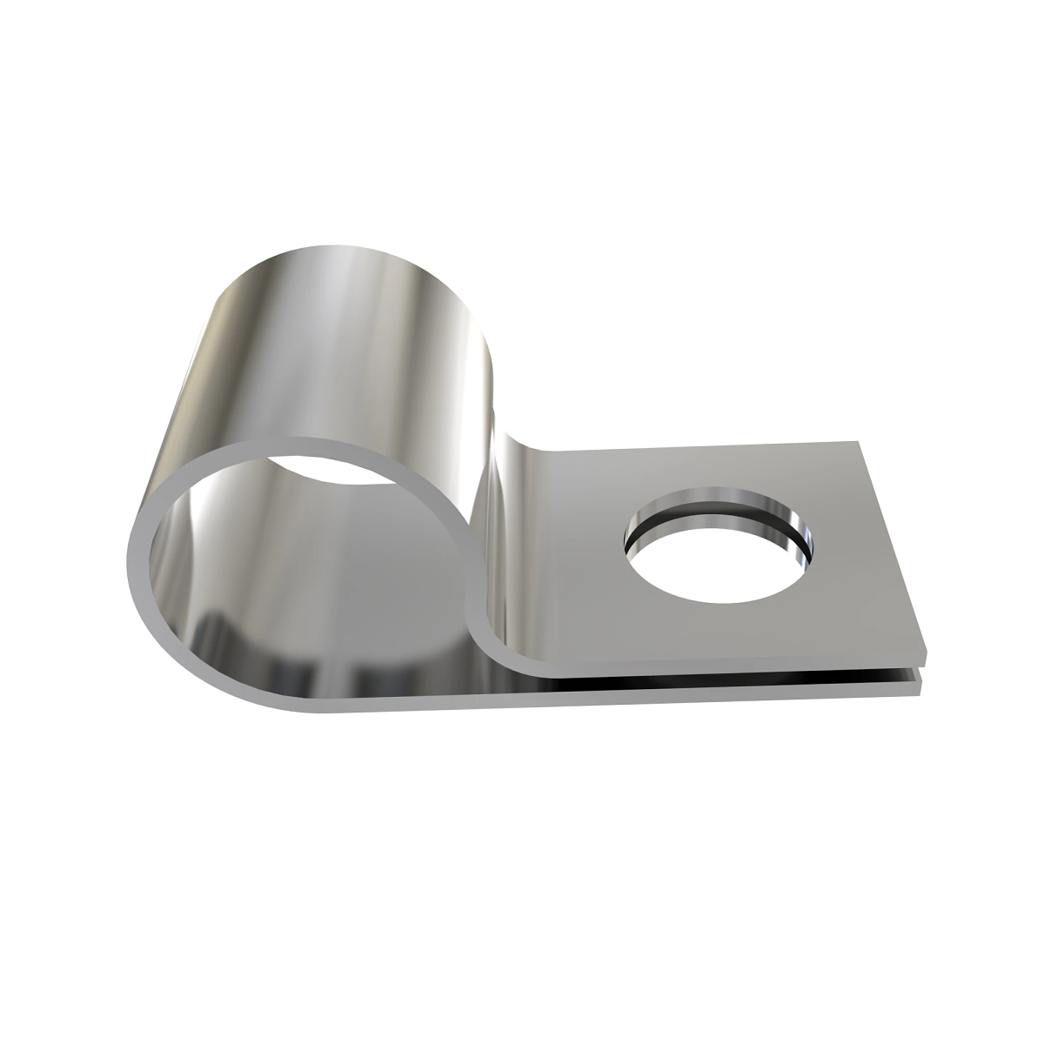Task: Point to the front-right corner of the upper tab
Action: click(x=924, y=654)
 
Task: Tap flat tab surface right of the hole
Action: click(x=857, y=565)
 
